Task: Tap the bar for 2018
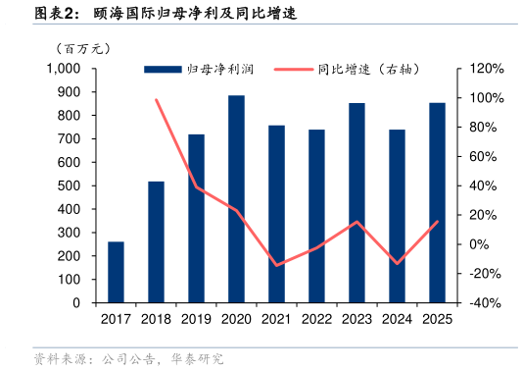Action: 156,241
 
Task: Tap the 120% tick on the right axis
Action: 486,69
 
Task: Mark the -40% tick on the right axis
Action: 486,303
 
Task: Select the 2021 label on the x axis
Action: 276,318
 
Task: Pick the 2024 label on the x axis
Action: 397,318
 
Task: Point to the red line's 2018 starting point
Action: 156,99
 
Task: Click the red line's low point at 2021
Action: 276,265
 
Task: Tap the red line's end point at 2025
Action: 437,222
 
